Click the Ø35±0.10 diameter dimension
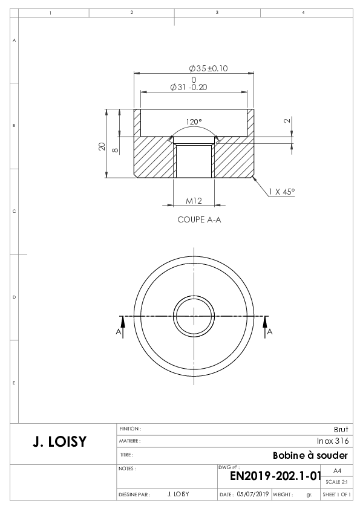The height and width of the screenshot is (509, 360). (208, 68)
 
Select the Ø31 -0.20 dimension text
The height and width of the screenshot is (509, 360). (189, 87)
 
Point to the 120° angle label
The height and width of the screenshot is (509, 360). (194, 122)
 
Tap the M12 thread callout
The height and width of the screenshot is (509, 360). (194, 201)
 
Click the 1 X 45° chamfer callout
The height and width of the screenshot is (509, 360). (282, 192)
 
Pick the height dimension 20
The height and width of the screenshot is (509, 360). (102, 146)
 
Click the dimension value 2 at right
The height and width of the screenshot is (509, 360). (287, 121)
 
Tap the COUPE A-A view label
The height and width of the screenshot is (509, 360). (199, 220)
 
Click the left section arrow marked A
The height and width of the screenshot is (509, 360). (123, 327)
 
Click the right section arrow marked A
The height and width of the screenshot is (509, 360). (265, 327)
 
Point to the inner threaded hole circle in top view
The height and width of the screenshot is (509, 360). (194, 296)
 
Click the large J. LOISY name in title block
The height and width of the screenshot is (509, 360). (60, 442)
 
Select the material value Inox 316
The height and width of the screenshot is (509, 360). (333, 441)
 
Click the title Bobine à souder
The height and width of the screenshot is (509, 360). (310, 455)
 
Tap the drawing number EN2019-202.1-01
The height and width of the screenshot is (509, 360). (275, 476)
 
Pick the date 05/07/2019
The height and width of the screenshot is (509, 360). (252, 494)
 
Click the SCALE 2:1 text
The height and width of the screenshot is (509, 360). (336, 482)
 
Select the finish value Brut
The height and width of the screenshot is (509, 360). (341, 429)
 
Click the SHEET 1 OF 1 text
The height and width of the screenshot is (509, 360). (336, 494)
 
